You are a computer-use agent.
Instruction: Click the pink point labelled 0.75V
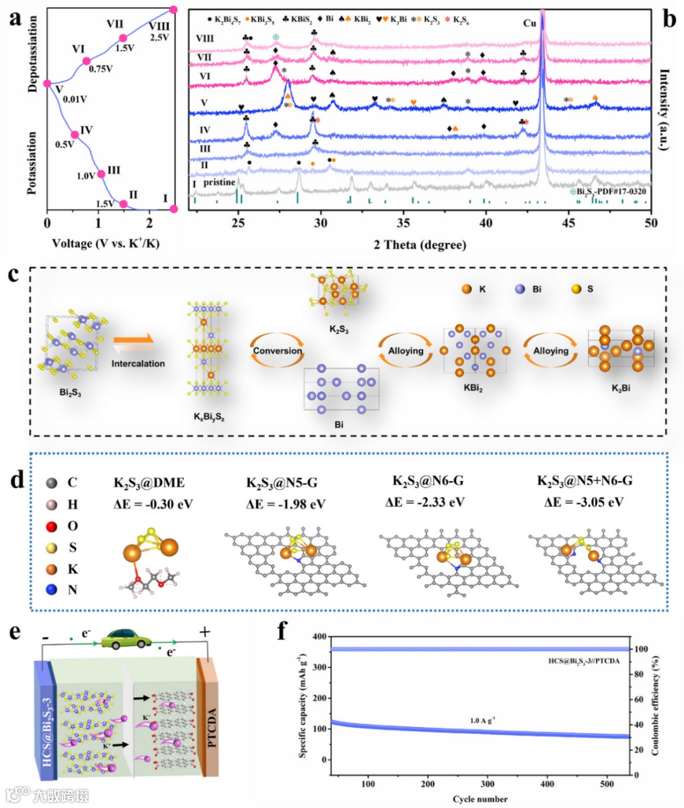[87, 61]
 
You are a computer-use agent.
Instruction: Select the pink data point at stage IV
[75, 134]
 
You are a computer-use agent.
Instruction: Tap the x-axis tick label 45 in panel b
[569, 222]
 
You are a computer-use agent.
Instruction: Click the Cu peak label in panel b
[529, 23]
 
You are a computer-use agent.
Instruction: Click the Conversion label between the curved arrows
[277, 350]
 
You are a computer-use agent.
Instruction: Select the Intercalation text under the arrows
[138, 364]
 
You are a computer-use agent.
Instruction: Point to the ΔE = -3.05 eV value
[584, 503]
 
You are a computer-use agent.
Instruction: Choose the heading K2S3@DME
[149, 483]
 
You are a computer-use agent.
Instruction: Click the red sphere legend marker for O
[52, 526]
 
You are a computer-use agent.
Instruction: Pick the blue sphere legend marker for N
[52, 589]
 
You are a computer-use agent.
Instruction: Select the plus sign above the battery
[205, 632]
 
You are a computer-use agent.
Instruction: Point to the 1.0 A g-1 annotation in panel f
[483, 721]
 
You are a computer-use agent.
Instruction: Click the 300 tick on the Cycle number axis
[488, 784]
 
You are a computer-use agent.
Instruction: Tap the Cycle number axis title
[480, 799]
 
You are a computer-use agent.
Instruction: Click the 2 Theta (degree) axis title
[420, 245]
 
